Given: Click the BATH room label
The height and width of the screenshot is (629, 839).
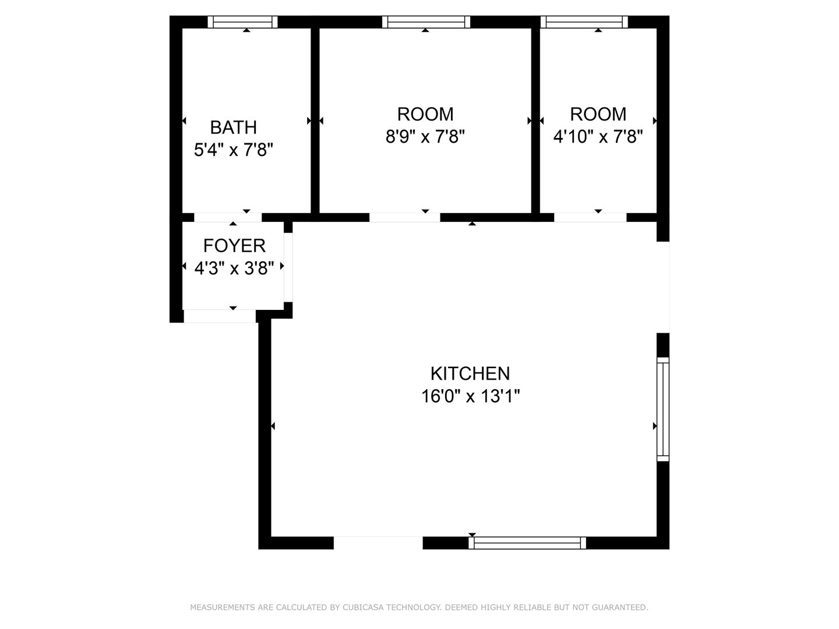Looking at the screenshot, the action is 233,127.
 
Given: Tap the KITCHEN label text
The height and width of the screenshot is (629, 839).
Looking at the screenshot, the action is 470,373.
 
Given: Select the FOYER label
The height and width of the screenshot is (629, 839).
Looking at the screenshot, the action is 234,246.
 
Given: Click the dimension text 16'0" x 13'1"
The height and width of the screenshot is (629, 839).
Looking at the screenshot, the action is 470,396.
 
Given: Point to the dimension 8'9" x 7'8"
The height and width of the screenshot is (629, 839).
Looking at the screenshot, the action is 425,136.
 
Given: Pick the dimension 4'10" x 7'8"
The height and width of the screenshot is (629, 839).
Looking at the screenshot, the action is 598,136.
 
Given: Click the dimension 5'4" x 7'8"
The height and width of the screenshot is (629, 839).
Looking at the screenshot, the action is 233,150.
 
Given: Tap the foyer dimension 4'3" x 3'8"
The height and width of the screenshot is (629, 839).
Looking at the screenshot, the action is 234,268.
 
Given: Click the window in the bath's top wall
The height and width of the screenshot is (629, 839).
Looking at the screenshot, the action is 242,22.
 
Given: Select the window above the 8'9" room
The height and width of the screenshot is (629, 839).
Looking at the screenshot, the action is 426,22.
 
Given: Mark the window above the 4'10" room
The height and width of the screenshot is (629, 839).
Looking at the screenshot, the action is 584,22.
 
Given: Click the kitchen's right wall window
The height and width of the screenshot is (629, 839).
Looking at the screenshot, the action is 663,409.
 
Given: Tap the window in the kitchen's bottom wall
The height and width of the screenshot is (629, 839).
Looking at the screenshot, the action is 527,543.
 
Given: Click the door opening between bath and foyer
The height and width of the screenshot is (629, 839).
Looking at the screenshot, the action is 228,217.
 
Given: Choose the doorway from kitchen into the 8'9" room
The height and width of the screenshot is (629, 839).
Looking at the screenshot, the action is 405,217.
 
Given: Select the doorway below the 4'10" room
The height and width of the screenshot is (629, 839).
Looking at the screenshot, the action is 590,217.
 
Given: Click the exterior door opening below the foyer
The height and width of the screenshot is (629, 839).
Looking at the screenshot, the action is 220,316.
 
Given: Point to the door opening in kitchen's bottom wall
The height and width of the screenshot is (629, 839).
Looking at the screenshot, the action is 378,543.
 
